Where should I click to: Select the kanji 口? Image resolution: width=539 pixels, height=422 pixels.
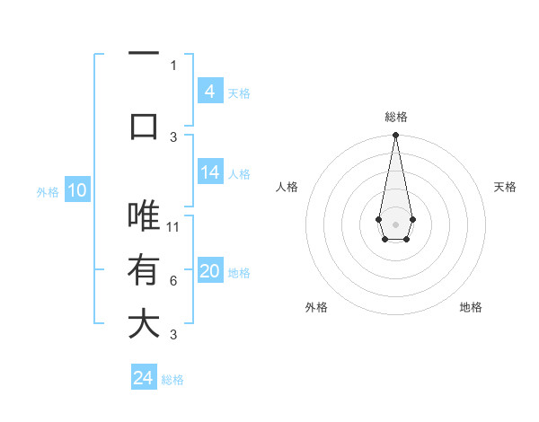[x=144, y=125]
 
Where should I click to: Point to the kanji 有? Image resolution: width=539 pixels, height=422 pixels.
[x=144, y=269]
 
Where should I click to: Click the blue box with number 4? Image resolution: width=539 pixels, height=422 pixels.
[x=210, y=92]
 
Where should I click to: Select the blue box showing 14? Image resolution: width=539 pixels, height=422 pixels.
[x=210, y=173]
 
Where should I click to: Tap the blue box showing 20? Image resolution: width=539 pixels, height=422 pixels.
[x=210, y=272]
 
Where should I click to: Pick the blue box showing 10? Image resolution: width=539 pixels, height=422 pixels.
[x=77, y=190]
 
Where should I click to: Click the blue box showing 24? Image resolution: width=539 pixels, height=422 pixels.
[x=144, y=378]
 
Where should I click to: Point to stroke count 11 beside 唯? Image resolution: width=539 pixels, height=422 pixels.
[x=174, y=226]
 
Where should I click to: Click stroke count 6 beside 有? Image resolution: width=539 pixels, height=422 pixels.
[x=173, y=281]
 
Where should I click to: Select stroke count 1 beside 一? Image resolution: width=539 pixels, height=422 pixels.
[x=173, y=65]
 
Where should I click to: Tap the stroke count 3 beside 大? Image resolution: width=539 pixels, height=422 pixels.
[x=173, y=335]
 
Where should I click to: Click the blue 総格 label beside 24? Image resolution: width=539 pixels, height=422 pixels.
[x=172, y=380]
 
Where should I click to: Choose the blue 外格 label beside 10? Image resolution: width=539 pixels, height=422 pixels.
[x=48, y=191]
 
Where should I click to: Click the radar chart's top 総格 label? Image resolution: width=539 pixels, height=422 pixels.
[x=395, y=117]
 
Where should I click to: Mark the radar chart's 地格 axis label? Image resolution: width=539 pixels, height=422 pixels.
[x=471, y=307]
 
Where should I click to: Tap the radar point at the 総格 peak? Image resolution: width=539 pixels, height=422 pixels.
[x=395, y=136]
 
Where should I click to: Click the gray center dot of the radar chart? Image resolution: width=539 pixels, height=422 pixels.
[x=395, y=224]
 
